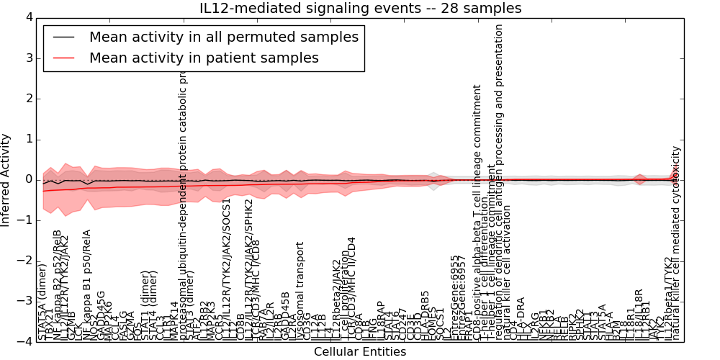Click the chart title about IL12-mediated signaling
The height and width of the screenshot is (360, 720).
(360, 8)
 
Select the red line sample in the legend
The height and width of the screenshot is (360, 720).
(66, 58)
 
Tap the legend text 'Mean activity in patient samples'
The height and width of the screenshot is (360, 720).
(204, 58)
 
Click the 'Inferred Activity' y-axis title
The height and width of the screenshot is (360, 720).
(6, 179)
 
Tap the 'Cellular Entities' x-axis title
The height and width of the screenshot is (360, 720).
(360, 352)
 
